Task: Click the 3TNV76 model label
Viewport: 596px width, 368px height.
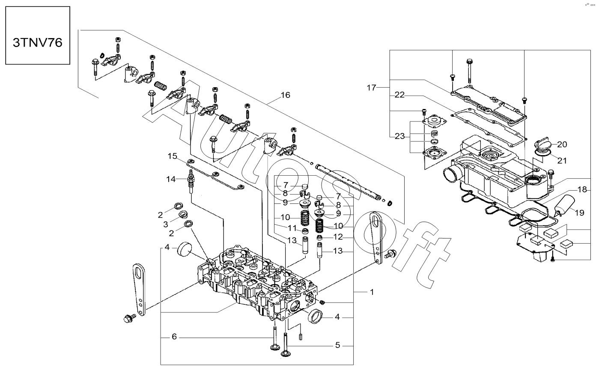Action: [x=38, y=42]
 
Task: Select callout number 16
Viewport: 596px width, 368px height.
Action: [x=286, y=95]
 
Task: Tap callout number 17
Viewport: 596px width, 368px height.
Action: [x=372, y=87]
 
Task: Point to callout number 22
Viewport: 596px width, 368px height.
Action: [x=399, y=95]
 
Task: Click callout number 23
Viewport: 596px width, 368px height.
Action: [x=399, y=136]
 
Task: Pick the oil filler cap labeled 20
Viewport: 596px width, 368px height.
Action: [x=542, y=144]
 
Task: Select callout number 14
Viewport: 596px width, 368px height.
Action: [x=171, y=179]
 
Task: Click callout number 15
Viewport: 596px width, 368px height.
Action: [x=173, y=156]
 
